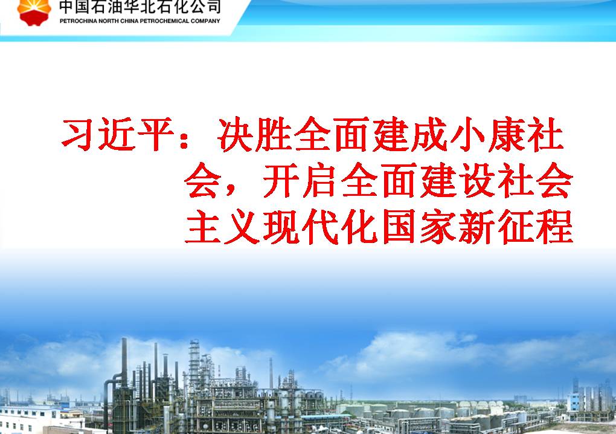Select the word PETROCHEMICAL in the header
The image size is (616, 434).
(165, 21)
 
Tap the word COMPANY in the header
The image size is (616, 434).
(205, 21)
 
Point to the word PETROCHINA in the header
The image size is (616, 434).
(78, 21)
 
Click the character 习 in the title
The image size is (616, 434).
(78, 134)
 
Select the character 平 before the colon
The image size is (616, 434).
(154, 134)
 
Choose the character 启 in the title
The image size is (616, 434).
(319, 181)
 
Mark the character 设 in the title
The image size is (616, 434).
(477, 181)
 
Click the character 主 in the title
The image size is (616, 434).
(202, 227)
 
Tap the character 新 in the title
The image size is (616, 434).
(477, 227)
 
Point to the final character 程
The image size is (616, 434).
(555, 227)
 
